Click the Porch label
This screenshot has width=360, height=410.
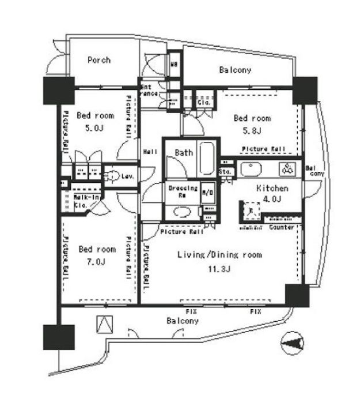click(99, 60)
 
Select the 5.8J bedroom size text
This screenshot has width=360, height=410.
click(252, 131)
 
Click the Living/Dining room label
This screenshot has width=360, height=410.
click(219, 254)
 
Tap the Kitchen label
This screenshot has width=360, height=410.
click(272, 189)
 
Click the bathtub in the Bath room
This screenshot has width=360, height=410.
click(207, 160)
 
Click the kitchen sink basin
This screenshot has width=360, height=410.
click(251, 169)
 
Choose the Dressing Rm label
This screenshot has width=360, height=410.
click(183, 191)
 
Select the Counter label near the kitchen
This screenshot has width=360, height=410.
click(281, 228)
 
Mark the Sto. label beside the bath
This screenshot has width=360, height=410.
click(225, 172)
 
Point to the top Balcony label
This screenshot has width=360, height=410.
click(236, 71)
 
